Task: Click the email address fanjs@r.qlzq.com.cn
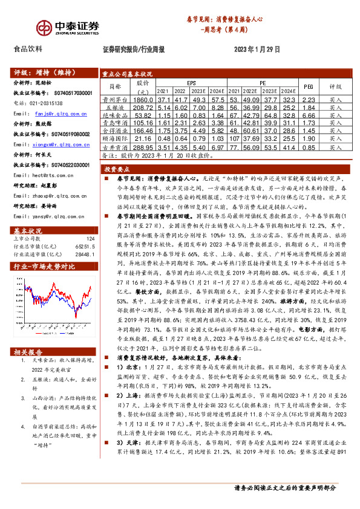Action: (x=58, y=113)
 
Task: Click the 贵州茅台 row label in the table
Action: (x=114, y=99)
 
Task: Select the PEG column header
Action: (x=308, y=86)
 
